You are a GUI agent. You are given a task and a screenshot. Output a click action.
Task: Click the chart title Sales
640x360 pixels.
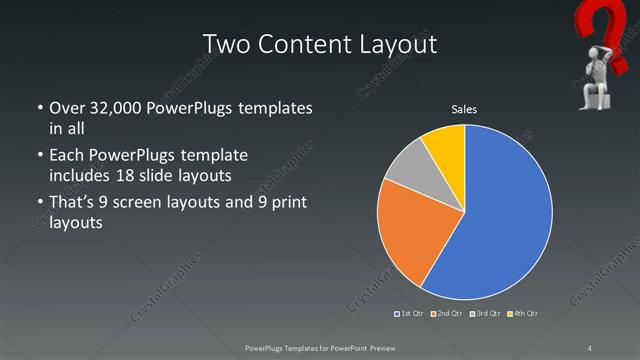(464, 108)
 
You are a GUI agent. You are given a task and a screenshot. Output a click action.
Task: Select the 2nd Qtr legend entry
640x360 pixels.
(446, 314)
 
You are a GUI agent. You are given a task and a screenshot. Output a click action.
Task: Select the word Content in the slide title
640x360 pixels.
(305, 44)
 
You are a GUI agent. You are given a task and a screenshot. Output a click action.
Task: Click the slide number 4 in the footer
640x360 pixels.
(589, 347)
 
